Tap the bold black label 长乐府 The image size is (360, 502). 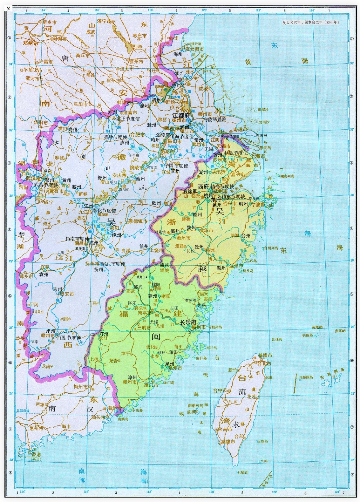click(x=187, y=322)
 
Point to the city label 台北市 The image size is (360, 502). click(x=264, y=363)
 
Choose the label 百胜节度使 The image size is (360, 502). click(x=69, y=338)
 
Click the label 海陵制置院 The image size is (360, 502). click(x=214, y=119)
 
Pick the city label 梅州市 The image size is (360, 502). click(x=80, y=386)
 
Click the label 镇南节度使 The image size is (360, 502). click(x=78, y=239)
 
